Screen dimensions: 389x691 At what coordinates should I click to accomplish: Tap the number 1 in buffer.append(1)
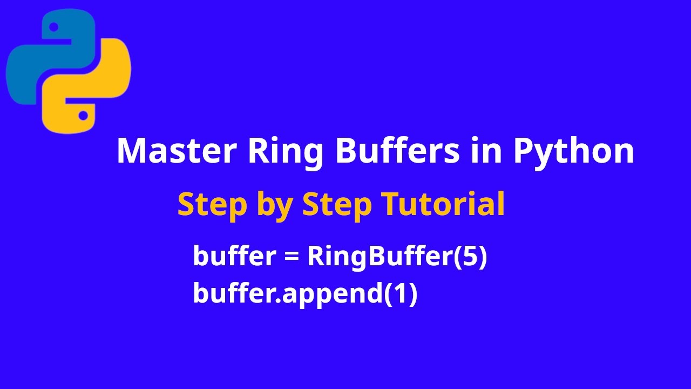(x=400, y=293)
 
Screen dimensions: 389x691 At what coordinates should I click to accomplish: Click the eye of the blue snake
(x=53, y=26)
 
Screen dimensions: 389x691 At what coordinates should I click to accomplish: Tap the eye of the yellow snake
(x=83, y=115)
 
